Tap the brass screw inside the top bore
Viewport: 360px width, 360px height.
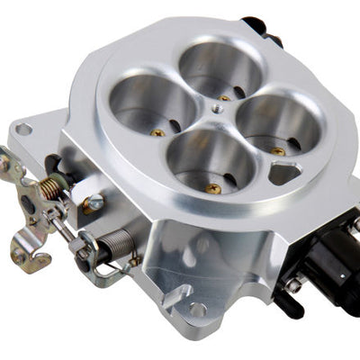224,95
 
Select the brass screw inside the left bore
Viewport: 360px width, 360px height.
158,132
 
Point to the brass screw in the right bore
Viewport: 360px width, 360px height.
278,151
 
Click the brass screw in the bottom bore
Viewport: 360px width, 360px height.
214,189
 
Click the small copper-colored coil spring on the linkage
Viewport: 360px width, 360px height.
52,186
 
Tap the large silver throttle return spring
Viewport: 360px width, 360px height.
118,244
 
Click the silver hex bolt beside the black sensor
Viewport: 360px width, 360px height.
295,286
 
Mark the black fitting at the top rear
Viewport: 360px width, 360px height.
258,27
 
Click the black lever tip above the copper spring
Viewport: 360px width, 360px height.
52,164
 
